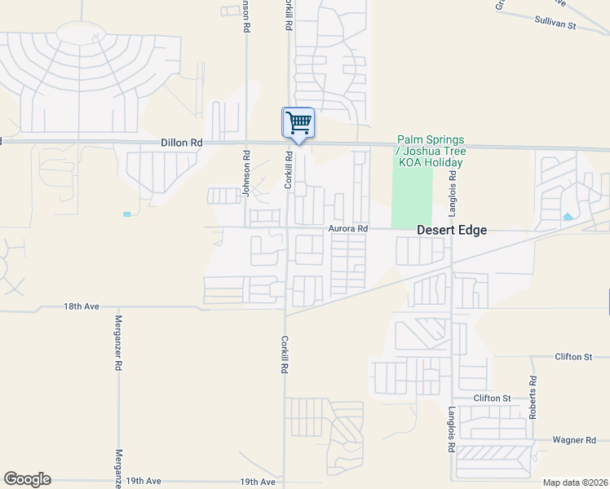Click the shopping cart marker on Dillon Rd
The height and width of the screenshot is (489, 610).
pos(298,123)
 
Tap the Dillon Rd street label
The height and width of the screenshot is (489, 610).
pos(181,142)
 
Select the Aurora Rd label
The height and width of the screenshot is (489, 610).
pos(348,229)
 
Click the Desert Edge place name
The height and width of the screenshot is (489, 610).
pos(452,231)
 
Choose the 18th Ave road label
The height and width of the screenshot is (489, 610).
pos(81,306)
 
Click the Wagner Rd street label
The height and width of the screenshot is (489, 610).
pos(574,440)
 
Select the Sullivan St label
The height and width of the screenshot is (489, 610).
pos(555,25)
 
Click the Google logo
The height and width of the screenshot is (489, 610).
pos(27,479)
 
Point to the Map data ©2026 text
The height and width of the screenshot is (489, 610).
pos(575,482)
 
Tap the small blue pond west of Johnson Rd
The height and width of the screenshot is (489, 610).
pos(126,214)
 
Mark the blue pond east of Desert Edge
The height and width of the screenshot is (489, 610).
pos(567,217)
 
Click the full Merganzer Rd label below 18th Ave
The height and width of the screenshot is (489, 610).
pos(118,344)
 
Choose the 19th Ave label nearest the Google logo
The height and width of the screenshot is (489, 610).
pos(144,482)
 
